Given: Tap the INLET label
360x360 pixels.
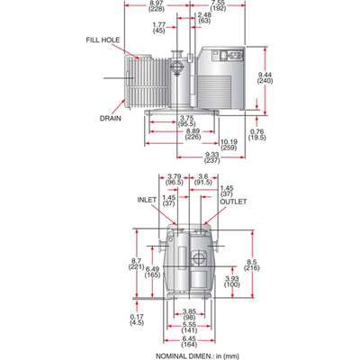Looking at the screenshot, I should click(x=147, y=202).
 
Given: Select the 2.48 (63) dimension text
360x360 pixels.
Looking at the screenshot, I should click(x=203, y=19).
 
